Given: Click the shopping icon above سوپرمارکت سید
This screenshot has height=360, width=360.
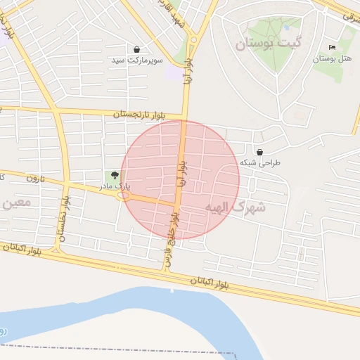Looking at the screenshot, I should (x=136, y=49).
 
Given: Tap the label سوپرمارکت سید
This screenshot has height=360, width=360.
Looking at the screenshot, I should (x=137, y=60).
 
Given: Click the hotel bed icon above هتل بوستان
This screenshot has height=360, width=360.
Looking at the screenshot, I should (x=332, y=47).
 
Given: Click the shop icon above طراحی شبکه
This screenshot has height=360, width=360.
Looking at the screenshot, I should (x=260, y=152).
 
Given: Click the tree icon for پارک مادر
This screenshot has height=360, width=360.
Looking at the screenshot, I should (x=115, y=176).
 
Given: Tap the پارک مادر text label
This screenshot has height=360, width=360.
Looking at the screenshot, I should (x=113, y=187).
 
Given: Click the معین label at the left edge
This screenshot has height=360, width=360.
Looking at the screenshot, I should (x=15, y=203).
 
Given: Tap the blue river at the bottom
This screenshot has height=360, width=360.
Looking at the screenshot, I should (x=141, y=316).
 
